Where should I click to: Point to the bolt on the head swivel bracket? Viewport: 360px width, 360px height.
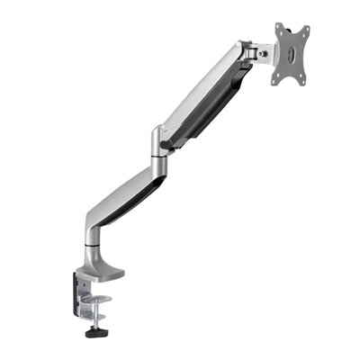click(x=262, y=53)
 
